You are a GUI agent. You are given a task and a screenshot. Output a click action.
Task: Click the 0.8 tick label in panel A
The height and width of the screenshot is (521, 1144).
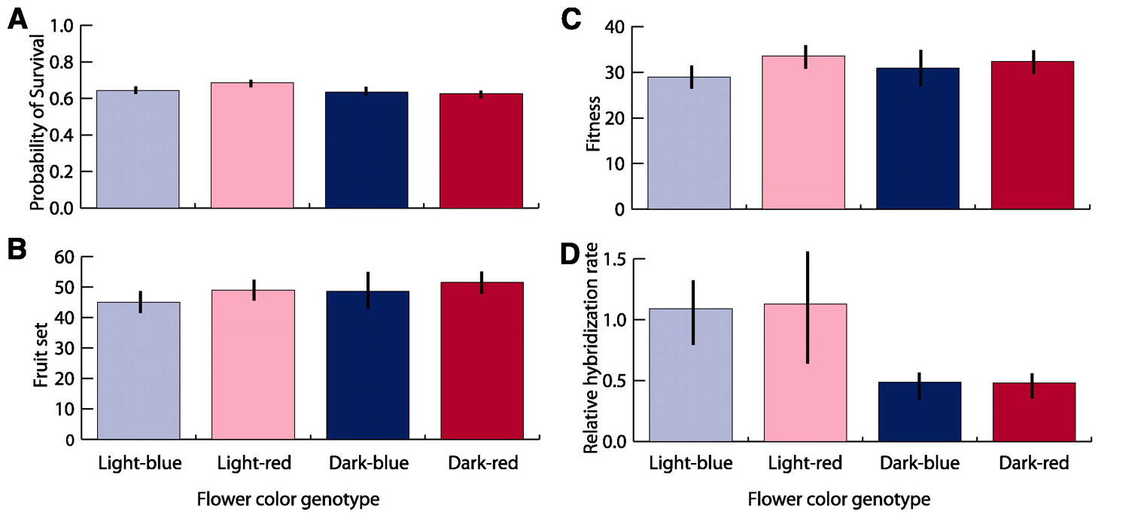pyautogui.click(x=67, y=62)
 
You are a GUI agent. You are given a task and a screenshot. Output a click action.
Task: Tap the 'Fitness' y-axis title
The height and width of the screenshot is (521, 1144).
pyautogui.click(x=593, y=118)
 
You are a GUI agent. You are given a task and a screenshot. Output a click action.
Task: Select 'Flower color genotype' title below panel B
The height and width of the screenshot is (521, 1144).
pyautogui.click(x=288, y=498)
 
